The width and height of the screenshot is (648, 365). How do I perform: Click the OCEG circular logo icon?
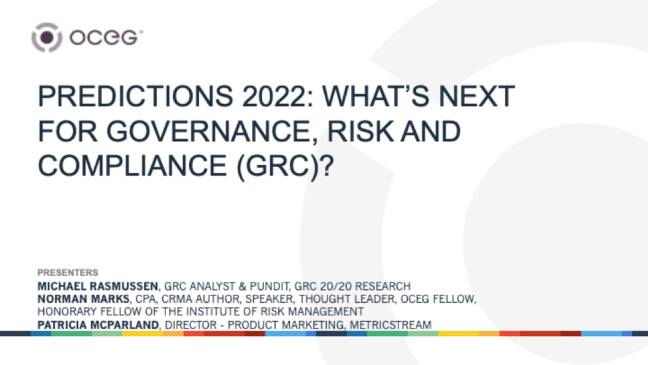[46, 38]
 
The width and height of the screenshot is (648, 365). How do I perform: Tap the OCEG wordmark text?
[106, 38]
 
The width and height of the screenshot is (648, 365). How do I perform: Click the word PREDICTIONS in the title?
[135, 96]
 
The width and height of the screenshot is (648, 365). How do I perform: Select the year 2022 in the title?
[277, 96]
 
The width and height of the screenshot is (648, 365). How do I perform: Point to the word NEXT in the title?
[477, 96]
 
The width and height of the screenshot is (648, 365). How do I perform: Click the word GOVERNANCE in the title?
[212, 131]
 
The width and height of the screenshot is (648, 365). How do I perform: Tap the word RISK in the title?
[360, 131]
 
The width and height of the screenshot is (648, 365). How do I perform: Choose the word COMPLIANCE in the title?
[132, 165]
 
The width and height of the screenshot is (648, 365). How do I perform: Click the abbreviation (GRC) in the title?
[278, 166]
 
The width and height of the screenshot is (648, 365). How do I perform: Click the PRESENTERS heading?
[68, 273]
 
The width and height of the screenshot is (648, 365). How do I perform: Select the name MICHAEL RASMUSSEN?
[98, 286]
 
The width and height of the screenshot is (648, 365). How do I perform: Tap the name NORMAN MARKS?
[83, 299]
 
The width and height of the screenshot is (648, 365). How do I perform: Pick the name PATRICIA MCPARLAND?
[98, 325]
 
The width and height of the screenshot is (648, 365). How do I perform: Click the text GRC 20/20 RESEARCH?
[352, 286]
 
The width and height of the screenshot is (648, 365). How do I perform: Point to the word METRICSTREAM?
[390, 325]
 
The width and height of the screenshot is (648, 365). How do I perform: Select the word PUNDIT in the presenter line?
[269, 286]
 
